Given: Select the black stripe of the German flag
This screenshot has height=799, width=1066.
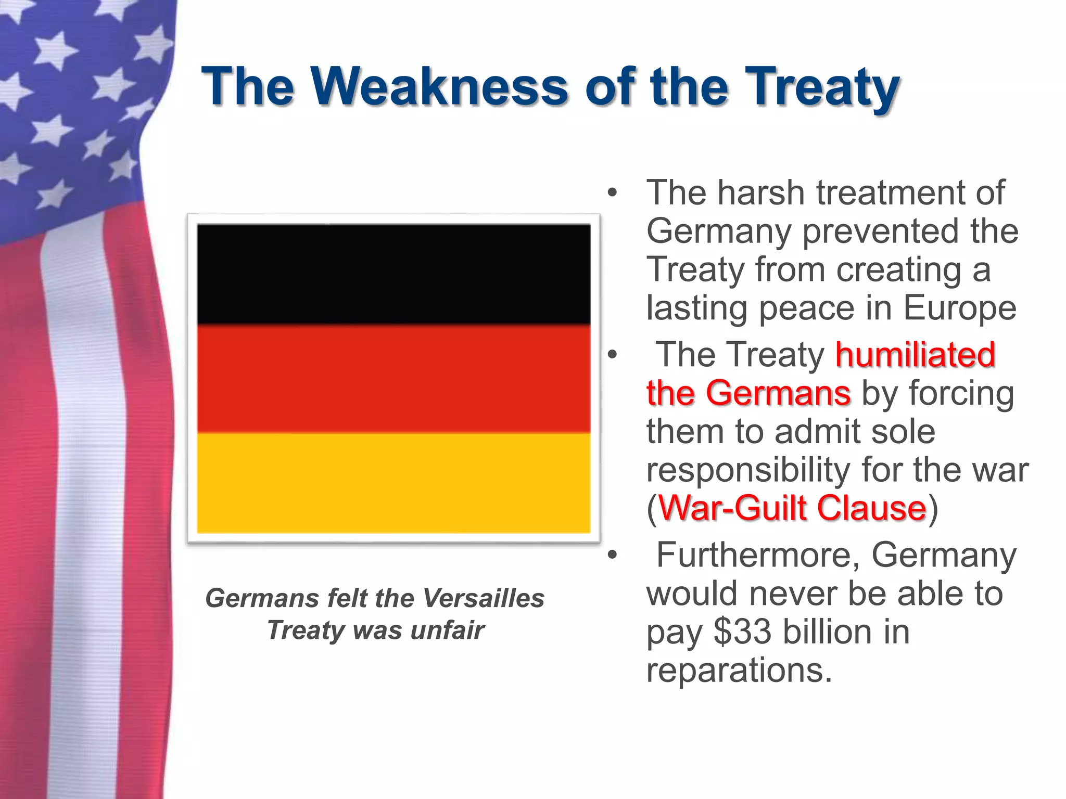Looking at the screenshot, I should [394, 274].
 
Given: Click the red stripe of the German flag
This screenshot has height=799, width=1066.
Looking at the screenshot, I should [394, 379].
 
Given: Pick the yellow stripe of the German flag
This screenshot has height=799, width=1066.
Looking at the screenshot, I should [394, 483].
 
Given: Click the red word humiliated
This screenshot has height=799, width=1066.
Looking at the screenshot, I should [915, 355].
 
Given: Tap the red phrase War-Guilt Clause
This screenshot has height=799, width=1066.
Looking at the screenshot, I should [792, 508].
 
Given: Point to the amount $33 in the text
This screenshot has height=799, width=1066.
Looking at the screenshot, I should [742, 633].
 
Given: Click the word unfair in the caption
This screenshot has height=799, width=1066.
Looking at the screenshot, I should [447, 630].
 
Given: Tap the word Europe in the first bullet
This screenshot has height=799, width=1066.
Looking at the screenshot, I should [959, 308].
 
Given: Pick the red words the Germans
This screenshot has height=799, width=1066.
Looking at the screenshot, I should [748, 393].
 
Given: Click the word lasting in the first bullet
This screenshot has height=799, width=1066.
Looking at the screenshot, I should [698, 308].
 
